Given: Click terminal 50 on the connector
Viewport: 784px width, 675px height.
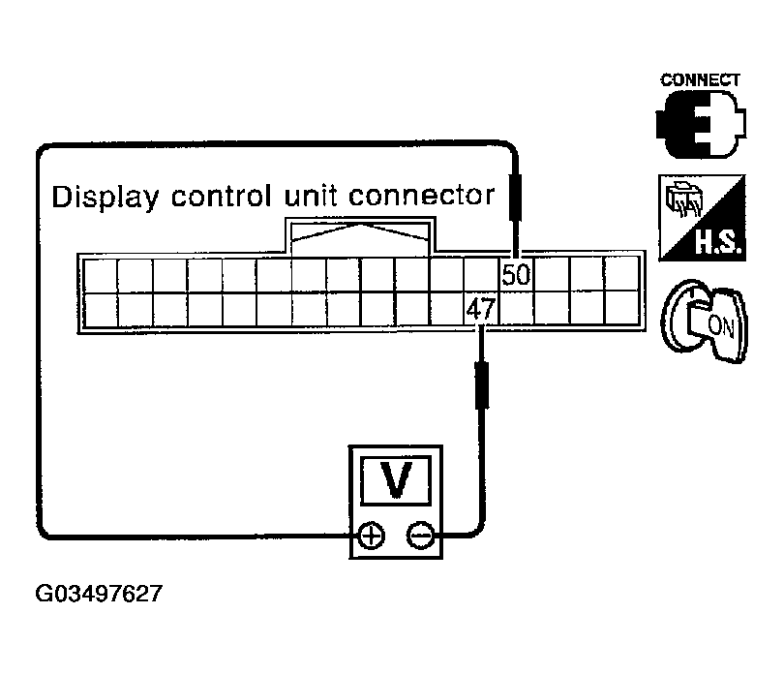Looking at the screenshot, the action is tap(516, 274).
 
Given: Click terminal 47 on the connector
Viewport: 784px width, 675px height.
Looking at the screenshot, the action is tap(481, 308).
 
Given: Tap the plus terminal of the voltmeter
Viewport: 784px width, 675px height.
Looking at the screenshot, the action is tap(372, 536).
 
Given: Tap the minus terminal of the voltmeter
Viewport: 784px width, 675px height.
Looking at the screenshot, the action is tap(421, 536).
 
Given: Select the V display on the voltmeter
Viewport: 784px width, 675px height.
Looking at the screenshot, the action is tap(396, 480).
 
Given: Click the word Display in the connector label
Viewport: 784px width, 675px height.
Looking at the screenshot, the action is tap(105, 197).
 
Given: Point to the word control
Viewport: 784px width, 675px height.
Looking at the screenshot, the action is tap(222, 196).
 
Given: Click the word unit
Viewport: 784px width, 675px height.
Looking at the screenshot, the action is tap(310, 196).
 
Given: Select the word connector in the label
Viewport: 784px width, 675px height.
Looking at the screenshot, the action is tap(421, 196).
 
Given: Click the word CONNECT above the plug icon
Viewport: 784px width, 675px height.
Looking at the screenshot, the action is tap(700, 80).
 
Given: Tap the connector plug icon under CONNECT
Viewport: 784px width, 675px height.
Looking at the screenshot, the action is tap(701, 124).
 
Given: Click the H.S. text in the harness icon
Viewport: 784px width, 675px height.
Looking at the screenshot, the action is tap(718, 243).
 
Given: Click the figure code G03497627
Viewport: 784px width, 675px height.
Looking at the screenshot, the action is tap(99, 594).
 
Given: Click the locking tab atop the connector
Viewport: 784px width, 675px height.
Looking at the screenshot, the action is tap(360, 236).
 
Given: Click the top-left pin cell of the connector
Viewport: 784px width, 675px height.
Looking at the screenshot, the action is tap(101, 275).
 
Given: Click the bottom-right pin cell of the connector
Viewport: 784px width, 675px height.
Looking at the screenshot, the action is tap(621, 308).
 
